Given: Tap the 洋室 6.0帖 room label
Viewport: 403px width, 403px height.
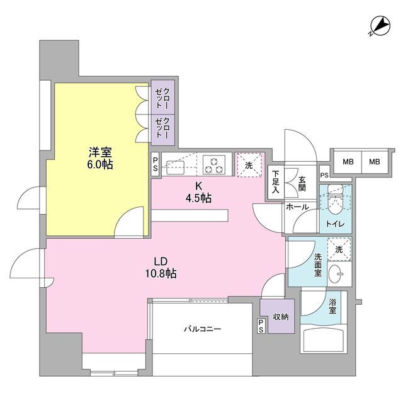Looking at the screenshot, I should (x=100, y=157).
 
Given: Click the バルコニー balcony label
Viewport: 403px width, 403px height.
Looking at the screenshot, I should (x=202, y=329).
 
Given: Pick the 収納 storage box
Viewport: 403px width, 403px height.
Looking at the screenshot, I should (x=275, y=317).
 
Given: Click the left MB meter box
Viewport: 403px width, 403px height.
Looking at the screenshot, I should (x=347, y=162).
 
